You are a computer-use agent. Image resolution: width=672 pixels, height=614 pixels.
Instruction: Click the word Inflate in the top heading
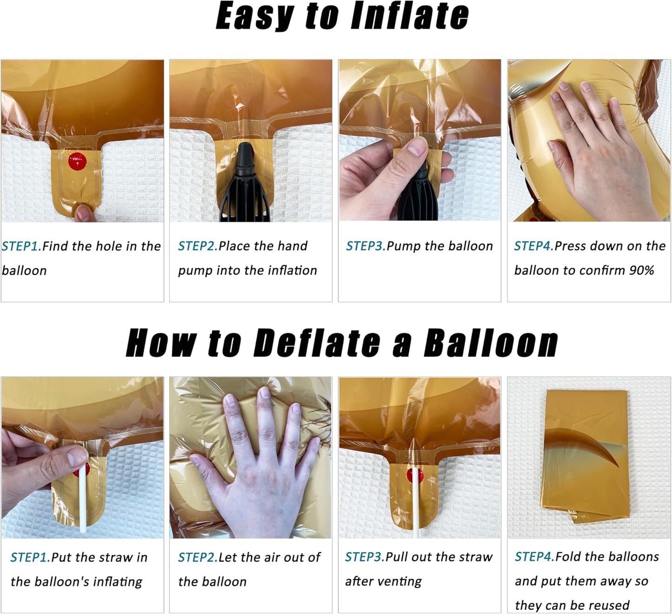tap(409, 16)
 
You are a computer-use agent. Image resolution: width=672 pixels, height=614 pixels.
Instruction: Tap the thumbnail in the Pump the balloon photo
tap(418, 147)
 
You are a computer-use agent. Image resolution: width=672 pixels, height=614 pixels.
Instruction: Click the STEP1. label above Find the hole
tap(21, 246)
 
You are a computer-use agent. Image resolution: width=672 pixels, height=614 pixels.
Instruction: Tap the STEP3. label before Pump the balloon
tap(366, 246)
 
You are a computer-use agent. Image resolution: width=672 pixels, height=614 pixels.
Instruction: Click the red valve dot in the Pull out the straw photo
tap(414, 475)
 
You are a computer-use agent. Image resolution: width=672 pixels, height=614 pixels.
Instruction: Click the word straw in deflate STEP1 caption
tap(116, 557)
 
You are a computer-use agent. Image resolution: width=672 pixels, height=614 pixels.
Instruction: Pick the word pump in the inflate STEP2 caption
tap(195, 271)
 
